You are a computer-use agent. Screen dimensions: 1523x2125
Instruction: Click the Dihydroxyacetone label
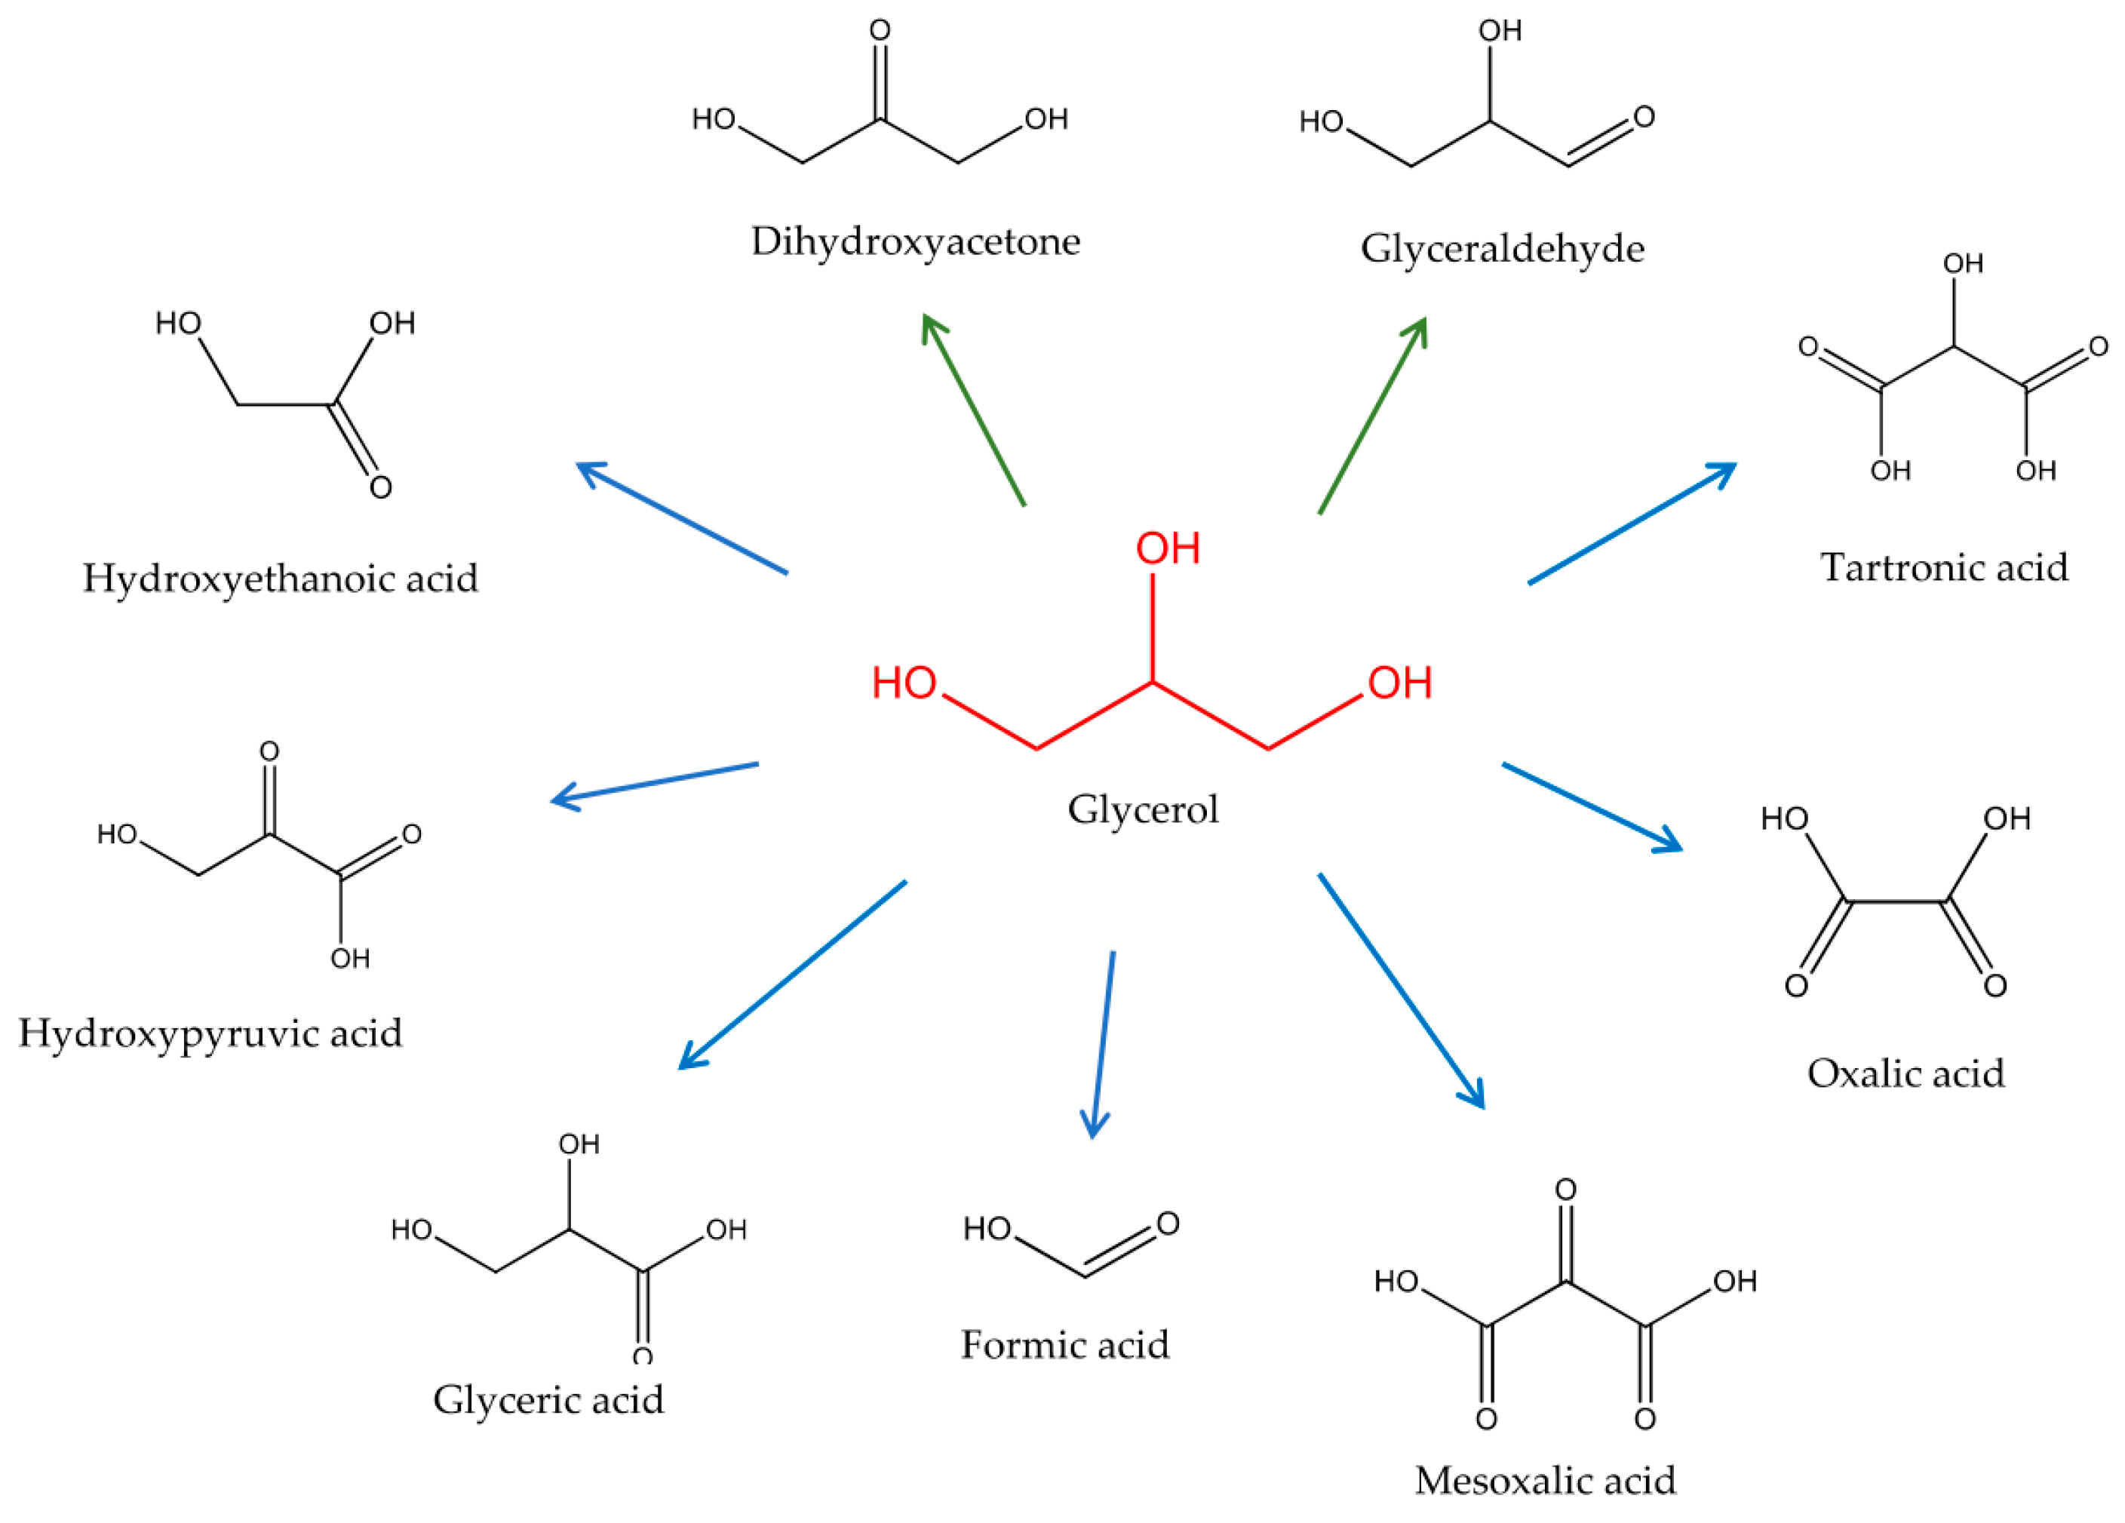914,241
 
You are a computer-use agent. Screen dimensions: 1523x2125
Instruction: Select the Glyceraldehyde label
1502,249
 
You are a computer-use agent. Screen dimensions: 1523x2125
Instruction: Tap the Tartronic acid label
1943,567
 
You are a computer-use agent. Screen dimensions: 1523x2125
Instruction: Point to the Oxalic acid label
1905,1073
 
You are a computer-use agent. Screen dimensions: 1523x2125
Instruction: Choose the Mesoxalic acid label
1544,1481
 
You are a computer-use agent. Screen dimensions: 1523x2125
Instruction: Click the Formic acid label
1064,1345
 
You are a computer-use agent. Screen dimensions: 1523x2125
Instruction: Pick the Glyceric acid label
548,1400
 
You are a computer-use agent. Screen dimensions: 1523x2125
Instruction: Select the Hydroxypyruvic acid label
210,1033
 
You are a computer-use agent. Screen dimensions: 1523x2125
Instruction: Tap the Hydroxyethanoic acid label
280,578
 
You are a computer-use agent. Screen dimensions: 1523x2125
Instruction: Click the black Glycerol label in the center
1142,809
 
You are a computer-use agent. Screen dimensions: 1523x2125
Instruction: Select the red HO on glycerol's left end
904,683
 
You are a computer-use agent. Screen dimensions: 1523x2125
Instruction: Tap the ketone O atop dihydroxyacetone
880,31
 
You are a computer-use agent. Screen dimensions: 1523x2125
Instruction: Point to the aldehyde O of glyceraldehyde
1644,117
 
